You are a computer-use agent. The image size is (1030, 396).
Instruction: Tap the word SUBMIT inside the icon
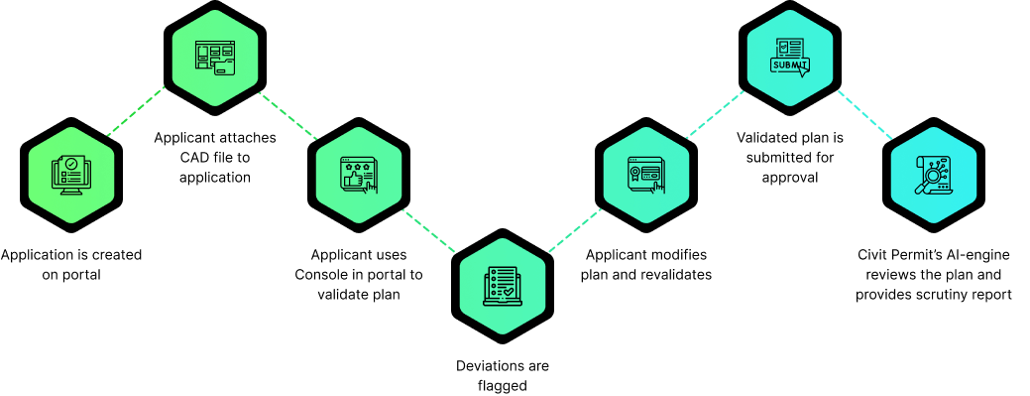click(789, 66)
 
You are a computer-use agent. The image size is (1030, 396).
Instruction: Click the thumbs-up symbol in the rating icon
click(353, 180)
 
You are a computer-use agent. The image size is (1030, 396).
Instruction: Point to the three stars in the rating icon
click(356, 165)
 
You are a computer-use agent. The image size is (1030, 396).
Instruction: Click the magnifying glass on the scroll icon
click(930, 180)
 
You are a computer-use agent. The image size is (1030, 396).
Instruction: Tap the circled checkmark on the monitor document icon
click(71, 164)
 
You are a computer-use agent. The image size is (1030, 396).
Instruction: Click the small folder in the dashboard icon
click(225, 68)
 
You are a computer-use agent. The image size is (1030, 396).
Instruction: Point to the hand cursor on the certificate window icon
click(657, 185)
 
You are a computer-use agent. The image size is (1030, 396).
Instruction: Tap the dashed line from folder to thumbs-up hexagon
click(288, 116)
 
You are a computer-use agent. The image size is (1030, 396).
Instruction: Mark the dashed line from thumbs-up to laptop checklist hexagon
click(429, 230)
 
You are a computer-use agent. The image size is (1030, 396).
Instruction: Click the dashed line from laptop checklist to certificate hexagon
click(575, 230)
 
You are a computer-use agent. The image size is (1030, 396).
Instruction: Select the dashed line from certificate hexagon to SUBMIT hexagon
click(715, 114)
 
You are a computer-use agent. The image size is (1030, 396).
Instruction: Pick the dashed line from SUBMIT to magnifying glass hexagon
click(865, 115)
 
